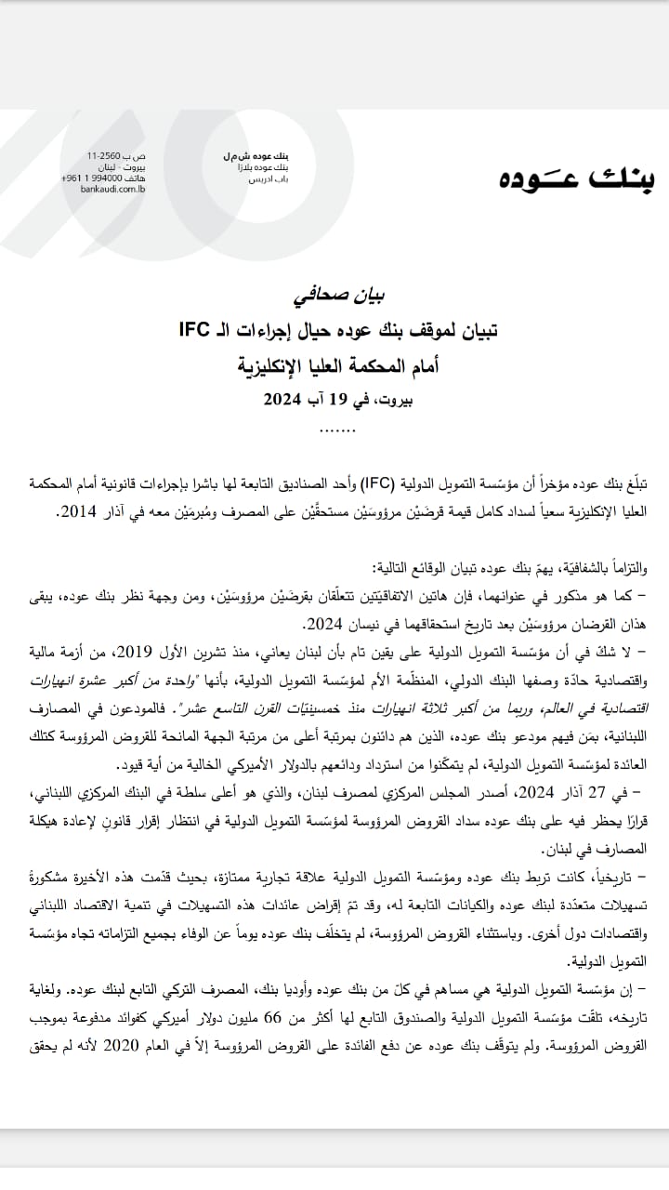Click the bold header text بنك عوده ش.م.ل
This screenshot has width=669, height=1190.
click(x=251, y=153)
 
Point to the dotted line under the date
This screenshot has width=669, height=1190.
click(x=336, y=430)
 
